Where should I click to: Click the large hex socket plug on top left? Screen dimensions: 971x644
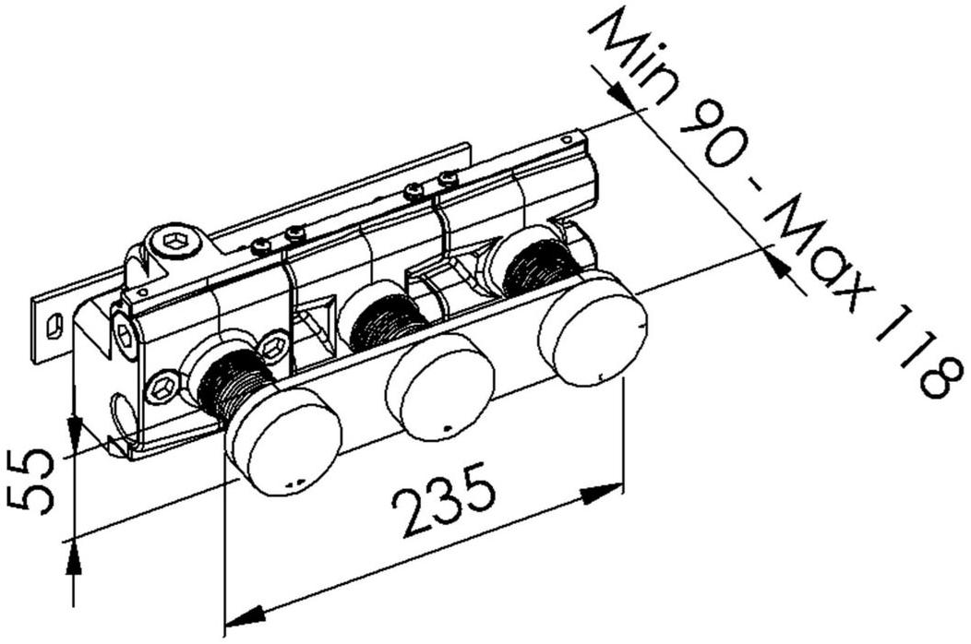(x=175, y=244)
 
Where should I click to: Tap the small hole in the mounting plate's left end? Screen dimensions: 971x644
(x=54, y=324)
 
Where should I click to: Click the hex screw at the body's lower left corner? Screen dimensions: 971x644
(x=159, y=389)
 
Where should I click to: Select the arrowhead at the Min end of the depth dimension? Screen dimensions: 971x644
(x=622, y=97)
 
